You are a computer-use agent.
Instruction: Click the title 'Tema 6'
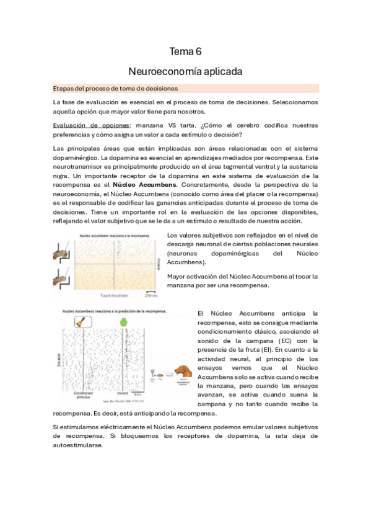(186, 51)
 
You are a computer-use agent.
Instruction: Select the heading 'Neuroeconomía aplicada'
(186, 71)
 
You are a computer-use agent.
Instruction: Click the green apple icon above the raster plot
(123, 321)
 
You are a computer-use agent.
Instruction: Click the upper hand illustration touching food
(62, 254)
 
